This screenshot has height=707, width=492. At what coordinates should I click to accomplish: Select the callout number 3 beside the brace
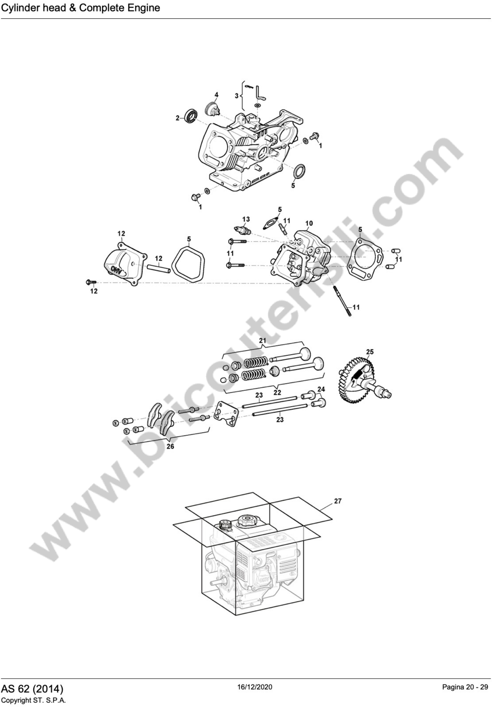coord(236,96)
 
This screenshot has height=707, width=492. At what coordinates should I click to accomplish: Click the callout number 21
coord(262,340)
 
